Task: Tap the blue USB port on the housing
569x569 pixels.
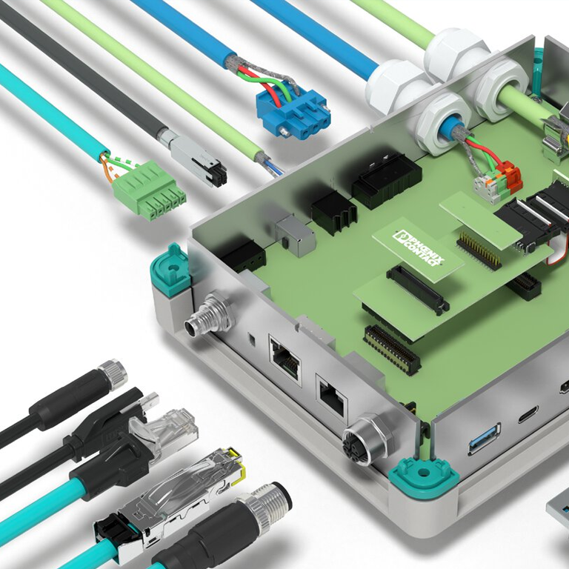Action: pos(485,439)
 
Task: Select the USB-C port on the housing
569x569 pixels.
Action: pos(528,415)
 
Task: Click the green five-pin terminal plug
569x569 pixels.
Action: pos(148,190)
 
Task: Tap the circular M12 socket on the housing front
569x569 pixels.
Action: pos(367,439)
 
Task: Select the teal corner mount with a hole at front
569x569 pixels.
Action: pos(423,476)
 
